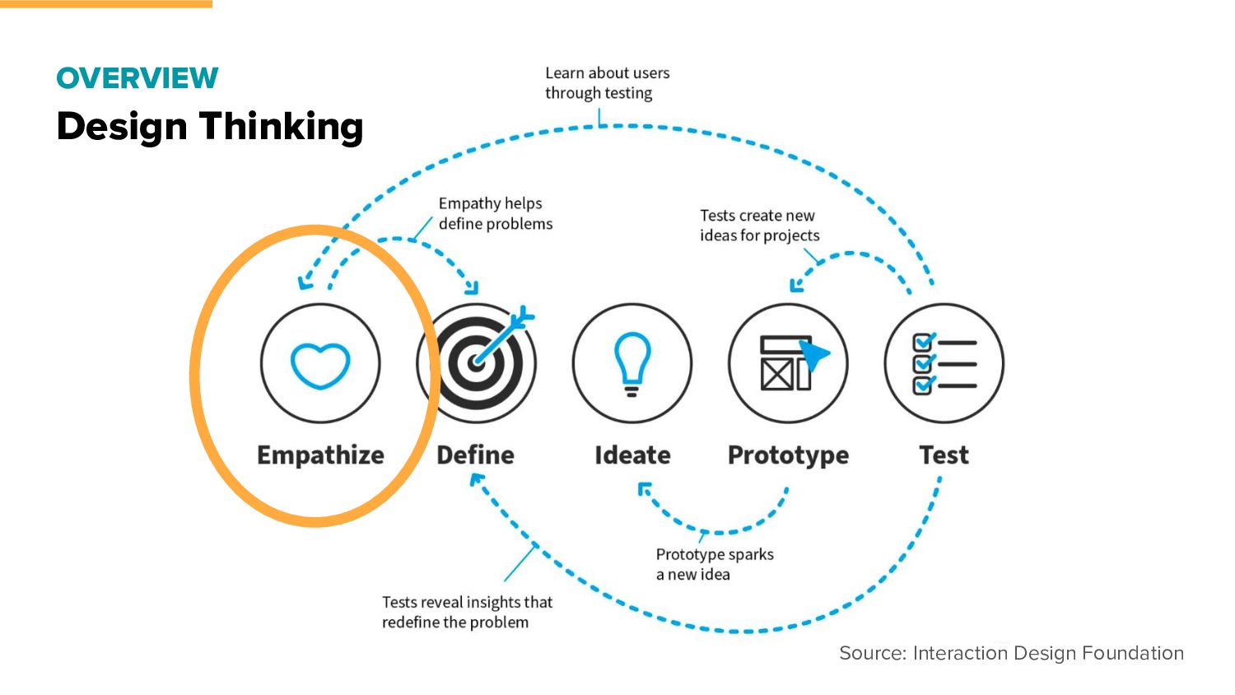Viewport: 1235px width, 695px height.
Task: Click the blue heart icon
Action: pyautogui.click(x=320, y=366)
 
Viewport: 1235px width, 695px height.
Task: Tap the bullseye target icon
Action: pyautogui.click(x=477, y=362)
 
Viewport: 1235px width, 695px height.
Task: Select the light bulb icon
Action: pyautogui.click(x=632, y=363)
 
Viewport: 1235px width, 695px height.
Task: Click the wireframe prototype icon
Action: pyautogui.click(x=788, y=363)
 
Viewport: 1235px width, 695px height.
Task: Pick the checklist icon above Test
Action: pyautogui.click(x=944, y=363)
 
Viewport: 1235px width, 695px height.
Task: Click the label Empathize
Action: pyautogui.click(x=320, y=455)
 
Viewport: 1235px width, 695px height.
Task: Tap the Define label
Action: pyautogui.click(x=475, y=455)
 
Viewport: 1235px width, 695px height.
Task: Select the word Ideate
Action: pyautogui.click(x=632, y=455)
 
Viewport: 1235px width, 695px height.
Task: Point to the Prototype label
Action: pyautogui.click(x=788, y=456)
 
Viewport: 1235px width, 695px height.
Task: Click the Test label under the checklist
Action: pyautogui.click(x=944, y=455)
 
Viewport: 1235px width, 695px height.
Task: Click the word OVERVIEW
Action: pyautogui.click(x=137, y=78)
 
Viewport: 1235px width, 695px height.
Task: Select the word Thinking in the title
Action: pyautogui.click(x=281, y=127)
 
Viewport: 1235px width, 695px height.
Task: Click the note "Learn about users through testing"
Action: pyautogui.click(x=607, y=83)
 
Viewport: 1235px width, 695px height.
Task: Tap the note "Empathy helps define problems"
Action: pyautogui.click(x=495, y=213)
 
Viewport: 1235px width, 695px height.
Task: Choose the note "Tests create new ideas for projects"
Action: pyautogui.click(x=759, y=226)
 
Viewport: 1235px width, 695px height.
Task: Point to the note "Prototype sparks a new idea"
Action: pyautogui.click(x=714, y=564)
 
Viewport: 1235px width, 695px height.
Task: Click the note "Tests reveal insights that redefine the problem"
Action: pyautogui.click(x=467, y=612)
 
